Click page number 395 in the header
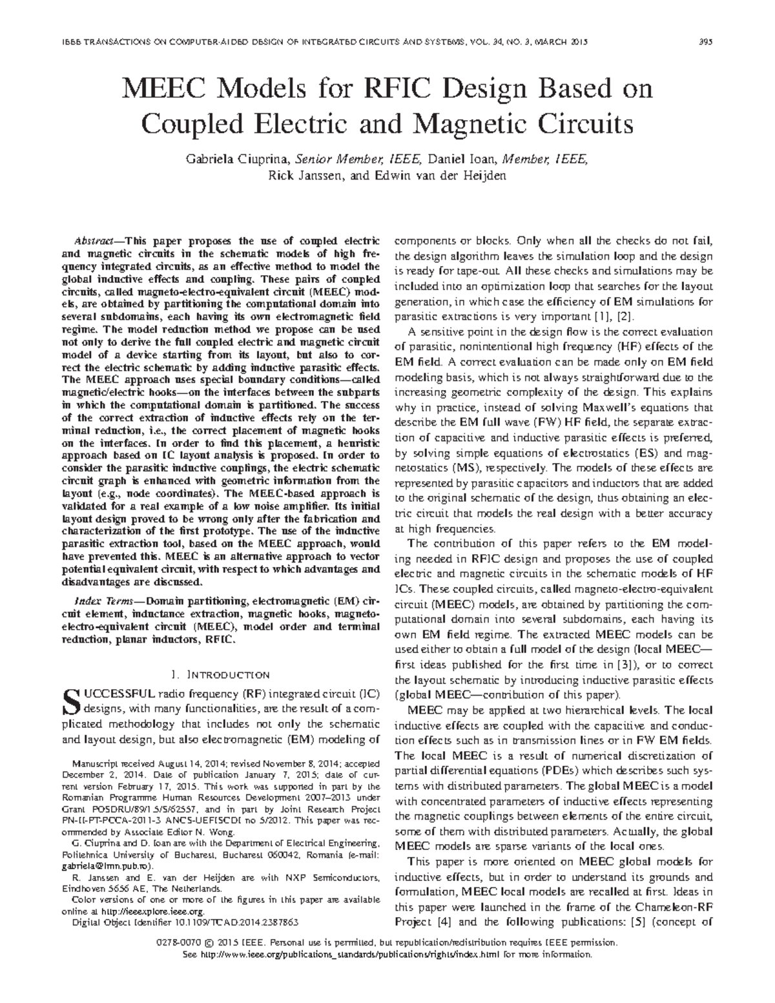coord(705,42)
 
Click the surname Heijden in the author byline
coord(484,175)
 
